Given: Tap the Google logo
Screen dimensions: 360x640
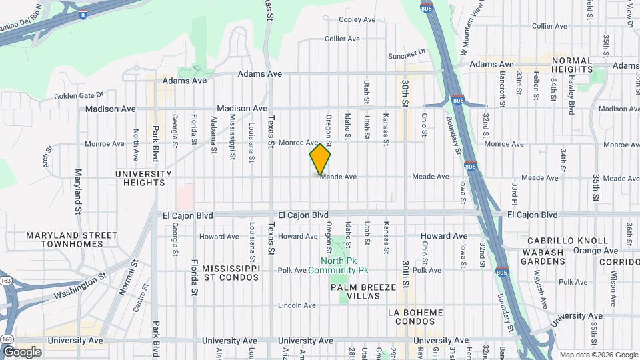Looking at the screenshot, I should point(21,352).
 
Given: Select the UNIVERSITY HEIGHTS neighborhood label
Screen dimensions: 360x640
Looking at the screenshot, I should point(143,178).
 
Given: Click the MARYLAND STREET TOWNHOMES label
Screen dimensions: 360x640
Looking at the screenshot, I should point(72,240).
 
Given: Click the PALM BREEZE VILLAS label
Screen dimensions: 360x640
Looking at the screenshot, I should point(363,291).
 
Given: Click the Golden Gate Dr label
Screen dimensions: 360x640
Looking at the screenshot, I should point(79,95).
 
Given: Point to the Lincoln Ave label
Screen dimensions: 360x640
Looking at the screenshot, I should point(297,305).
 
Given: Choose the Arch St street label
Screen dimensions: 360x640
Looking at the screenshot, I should point(46,158).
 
